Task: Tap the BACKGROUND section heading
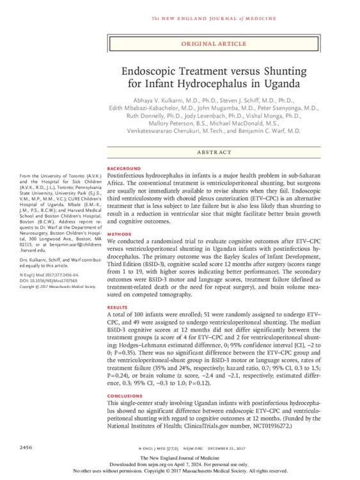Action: click(x=123, y=168)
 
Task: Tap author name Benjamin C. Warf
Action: click(x=273, y=130)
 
